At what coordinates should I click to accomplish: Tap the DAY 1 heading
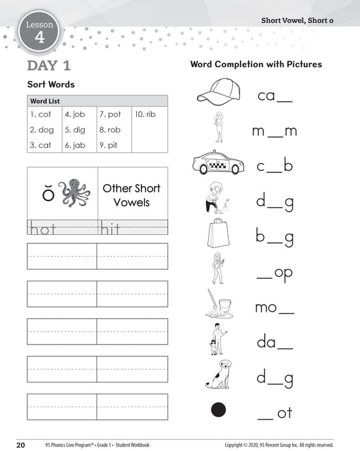pos(49,65)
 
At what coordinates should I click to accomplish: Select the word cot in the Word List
pos(41,114)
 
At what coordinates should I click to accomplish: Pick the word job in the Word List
pos(75,114)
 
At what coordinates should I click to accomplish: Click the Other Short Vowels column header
pos(132,195)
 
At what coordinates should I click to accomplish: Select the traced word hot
pos(42,228)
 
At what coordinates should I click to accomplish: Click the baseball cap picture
pos(218,92)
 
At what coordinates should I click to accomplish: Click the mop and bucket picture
pos(217,304)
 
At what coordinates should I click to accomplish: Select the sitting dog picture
pos(217,375)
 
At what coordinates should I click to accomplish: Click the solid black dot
pos(218,410)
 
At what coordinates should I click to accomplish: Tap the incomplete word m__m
pos(275,131)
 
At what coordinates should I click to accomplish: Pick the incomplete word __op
pos(275,272)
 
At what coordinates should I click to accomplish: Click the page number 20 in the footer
pos(20,444)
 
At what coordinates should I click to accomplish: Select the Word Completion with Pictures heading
pos(256,65)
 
